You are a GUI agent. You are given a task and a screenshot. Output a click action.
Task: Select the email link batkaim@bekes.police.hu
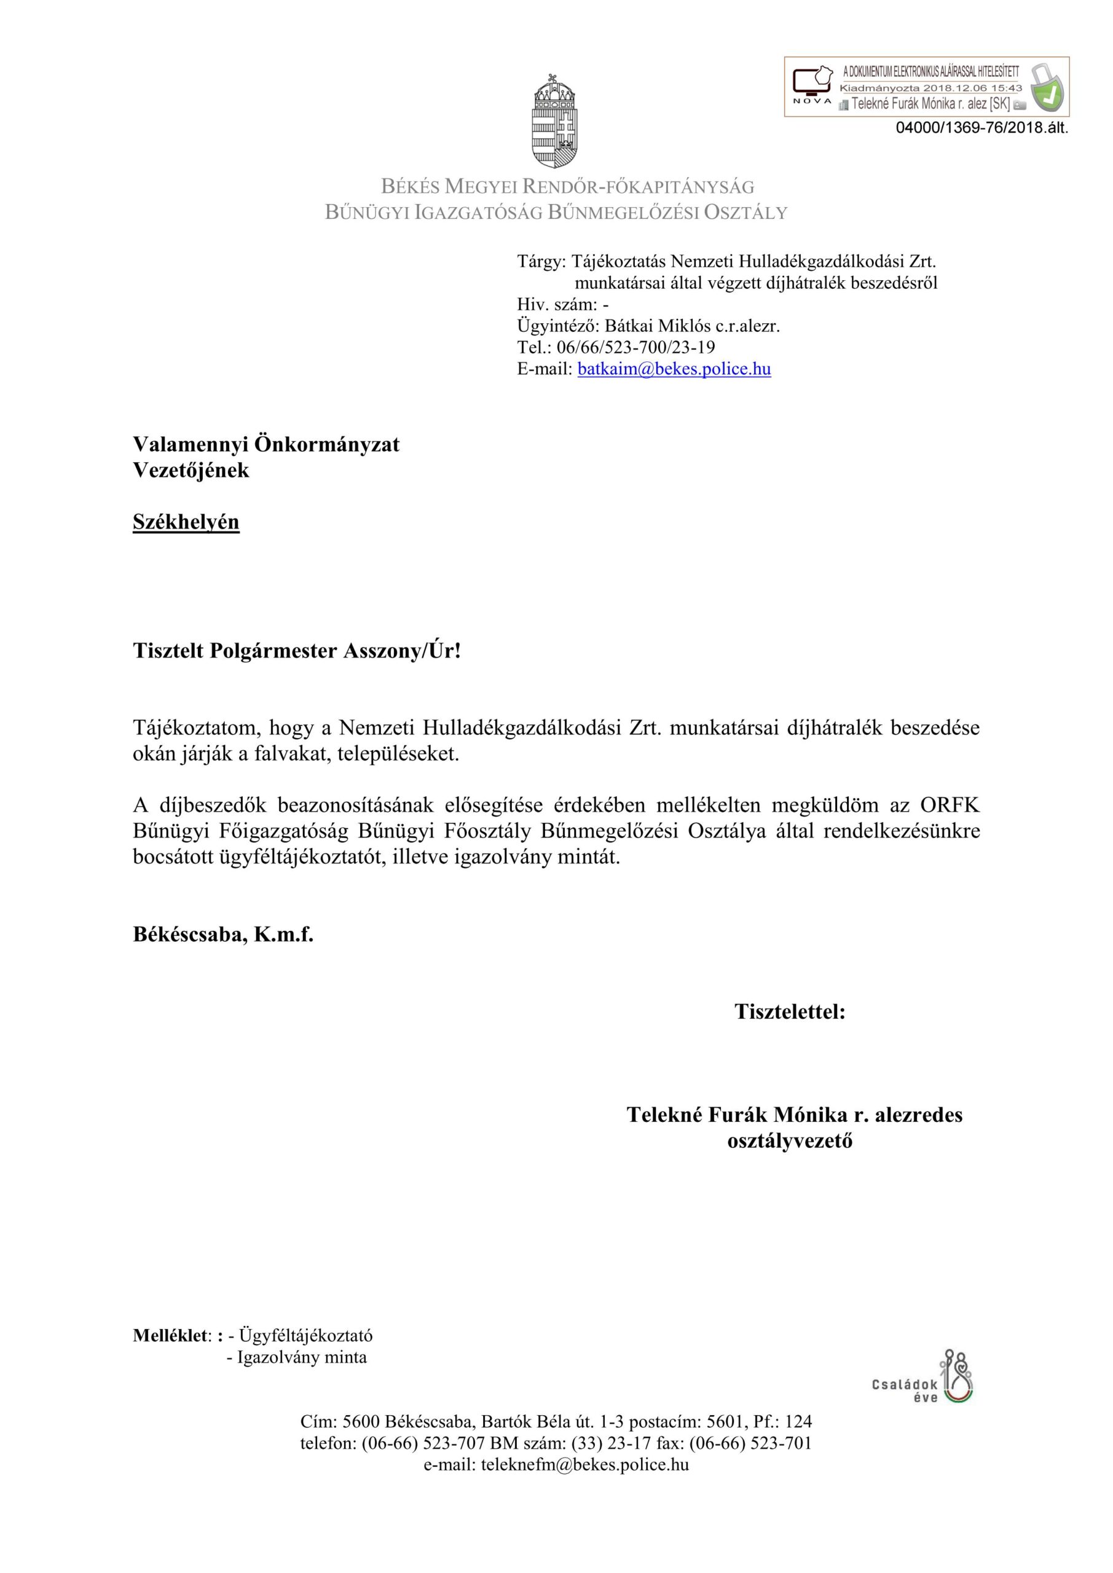pyautogui.click(x=674, y=369)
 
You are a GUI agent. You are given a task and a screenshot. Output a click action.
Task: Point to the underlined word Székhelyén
pyautogui.click(x=186, y=522)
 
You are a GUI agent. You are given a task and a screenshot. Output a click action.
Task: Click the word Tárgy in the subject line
pyautogui.click(x=539, y=261)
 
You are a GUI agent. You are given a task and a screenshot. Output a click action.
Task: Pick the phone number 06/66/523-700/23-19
pyautogui.click(x=636, y=347)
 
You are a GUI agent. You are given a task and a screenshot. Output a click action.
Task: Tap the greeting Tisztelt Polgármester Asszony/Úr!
pyautogui.click(x=297, y=650)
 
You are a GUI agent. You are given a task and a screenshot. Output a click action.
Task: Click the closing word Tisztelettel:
pyautogui.click(x=790, y=1011)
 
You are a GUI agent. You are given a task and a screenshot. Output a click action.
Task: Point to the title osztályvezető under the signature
pyautogui.click(x=790, y=1142)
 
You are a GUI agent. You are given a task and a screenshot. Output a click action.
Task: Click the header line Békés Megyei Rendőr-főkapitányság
pyautogui.click(x=567, y=186)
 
